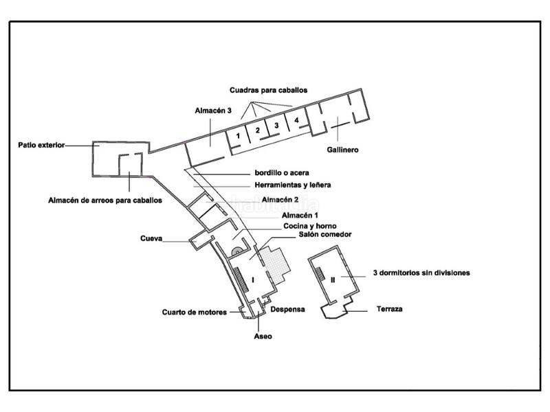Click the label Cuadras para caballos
(x=269, y=90)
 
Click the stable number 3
(x=276, y=125)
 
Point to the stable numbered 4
(x=296, y=120)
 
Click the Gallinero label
(x=343, y=149)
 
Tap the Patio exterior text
(x=41, y=145)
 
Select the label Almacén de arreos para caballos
(x=105, y=201)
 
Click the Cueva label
(x=151, y=240)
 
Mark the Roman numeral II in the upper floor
(x=333, y=279)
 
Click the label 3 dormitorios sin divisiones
(x=421, y=273)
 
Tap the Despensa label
(x=287, y=310)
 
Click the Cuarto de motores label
(x=195, y=312)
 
